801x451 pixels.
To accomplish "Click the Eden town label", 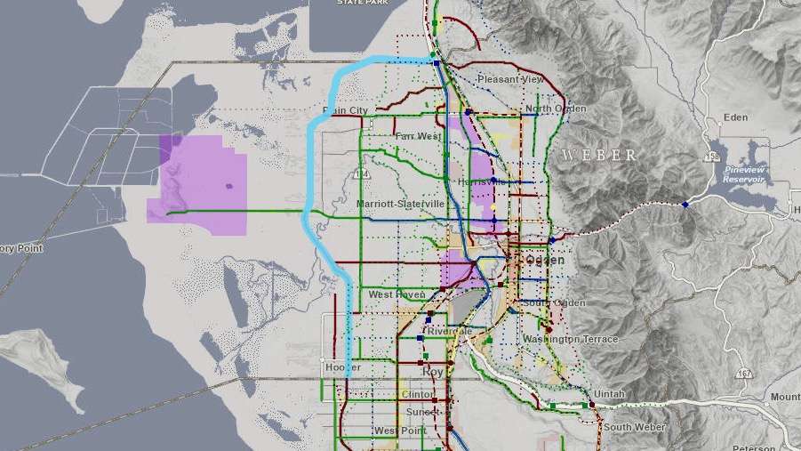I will pyautogui.click(x=736, y=117).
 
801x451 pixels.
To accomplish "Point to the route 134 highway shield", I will pyautogui.click(x=360, y=172).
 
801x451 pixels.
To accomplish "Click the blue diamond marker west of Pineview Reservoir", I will pyautogui.click(x=685, y=205).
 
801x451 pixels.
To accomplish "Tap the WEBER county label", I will pyautogui.click(x=598, y=155).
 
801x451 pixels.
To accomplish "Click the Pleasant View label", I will pyautogui.click(x=509, y=79).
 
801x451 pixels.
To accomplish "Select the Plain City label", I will pyautogui.click(x=346, y=110).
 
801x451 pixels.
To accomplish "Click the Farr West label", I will pyautogui.click(x=418, y=136).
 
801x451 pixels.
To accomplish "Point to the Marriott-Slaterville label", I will pyautogui.click(x=400, y=204).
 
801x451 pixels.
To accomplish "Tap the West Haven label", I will pyautogui.click(x=394, y=294).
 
